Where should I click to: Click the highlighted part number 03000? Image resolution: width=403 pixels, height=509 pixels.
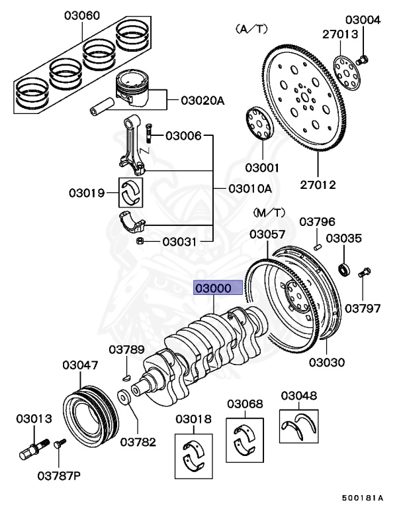212,288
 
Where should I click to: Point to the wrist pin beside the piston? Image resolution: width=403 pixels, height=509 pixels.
100,105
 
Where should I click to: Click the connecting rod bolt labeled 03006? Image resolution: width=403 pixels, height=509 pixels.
150,135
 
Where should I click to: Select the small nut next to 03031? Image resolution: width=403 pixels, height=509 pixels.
140,241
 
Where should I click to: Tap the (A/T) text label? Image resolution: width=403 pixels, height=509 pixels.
249,30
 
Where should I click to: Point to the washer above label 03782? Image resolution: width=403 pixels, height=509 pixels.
124,399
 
